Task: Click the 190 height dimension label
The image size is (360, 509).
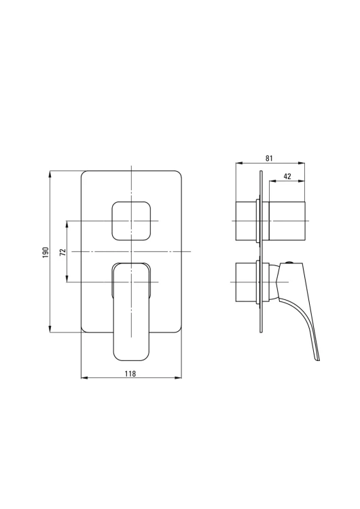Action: [46, 252]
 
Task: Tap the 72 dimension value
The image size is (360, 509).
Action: [63, 252]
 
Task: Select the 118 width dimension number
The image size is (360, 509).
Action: [130, 374]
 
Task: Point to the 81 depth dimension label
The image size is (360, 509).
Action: [269, 158]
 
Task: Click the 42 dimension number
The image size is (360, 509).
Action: [287, 176]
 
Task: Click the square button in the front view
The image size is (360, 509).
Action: [131, 221]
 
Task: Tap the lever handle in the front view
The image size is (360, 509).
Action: [131, 312]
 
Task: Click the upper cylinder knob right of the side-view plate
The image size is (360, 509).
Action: [287, 221]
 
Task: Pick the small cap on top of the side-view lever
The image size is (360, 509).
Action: [289, 262]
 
